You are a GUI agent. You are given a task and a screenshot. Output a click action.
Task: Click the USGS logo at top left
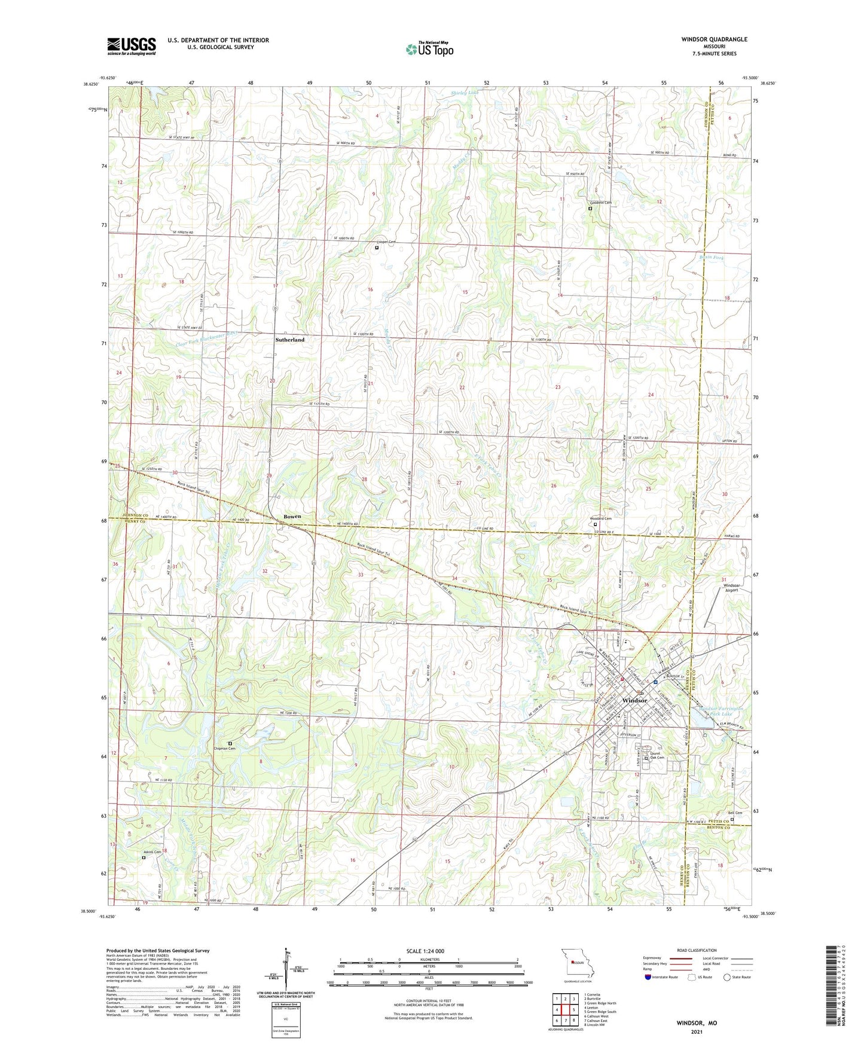click(132, 46)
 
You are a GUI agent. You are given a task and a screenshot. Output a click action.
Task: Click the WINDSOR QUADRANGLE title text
click(714, 39)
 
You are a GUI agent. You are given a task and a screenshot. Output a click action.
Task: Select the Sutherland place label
click(290, 340)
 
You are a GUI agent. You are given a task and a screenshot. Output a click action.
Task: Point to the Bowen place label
click(292, 517)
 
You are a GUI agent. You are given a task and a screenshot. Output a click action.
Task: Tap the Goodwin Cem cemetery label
click(600, 203)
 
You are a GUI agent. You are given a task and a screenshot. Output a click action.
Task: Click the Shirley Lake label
click(465, 93)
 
